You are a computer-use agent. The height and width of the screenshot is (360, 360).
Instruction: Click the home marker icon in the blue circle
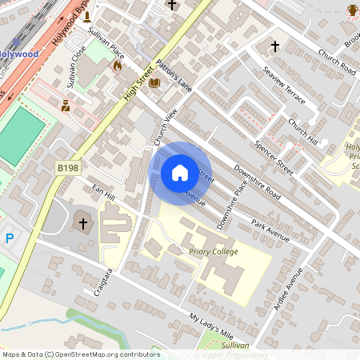pos(180,173)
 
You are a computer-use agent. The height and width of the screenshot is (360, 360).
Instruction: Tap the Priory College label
pos(214,251)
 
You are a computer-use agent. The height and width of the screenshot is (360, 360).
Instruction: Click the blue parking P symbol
pos(10,238)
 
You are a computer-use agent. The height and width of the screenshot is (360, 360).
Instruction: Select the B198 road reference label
pos(69,168)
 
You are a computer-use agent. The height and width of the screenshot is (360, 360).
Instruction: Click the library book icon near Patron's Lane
pos(154,82)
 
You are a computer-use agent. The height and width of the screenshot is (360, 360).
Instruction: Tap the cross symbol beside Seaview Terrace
pos(275,46)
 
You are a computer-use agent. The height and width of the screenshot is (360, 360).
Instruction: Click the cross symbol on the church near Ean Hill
pos(82,222)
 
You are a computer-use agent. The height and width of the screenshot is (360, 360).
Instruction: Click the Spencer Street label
pos(274,159)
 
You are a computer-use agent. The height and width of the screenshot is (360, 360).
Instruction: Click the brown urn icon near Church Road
pos(353,10)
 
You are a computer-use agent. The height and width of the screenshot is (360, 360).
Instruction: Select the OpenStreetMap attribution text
pos(81,354)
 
